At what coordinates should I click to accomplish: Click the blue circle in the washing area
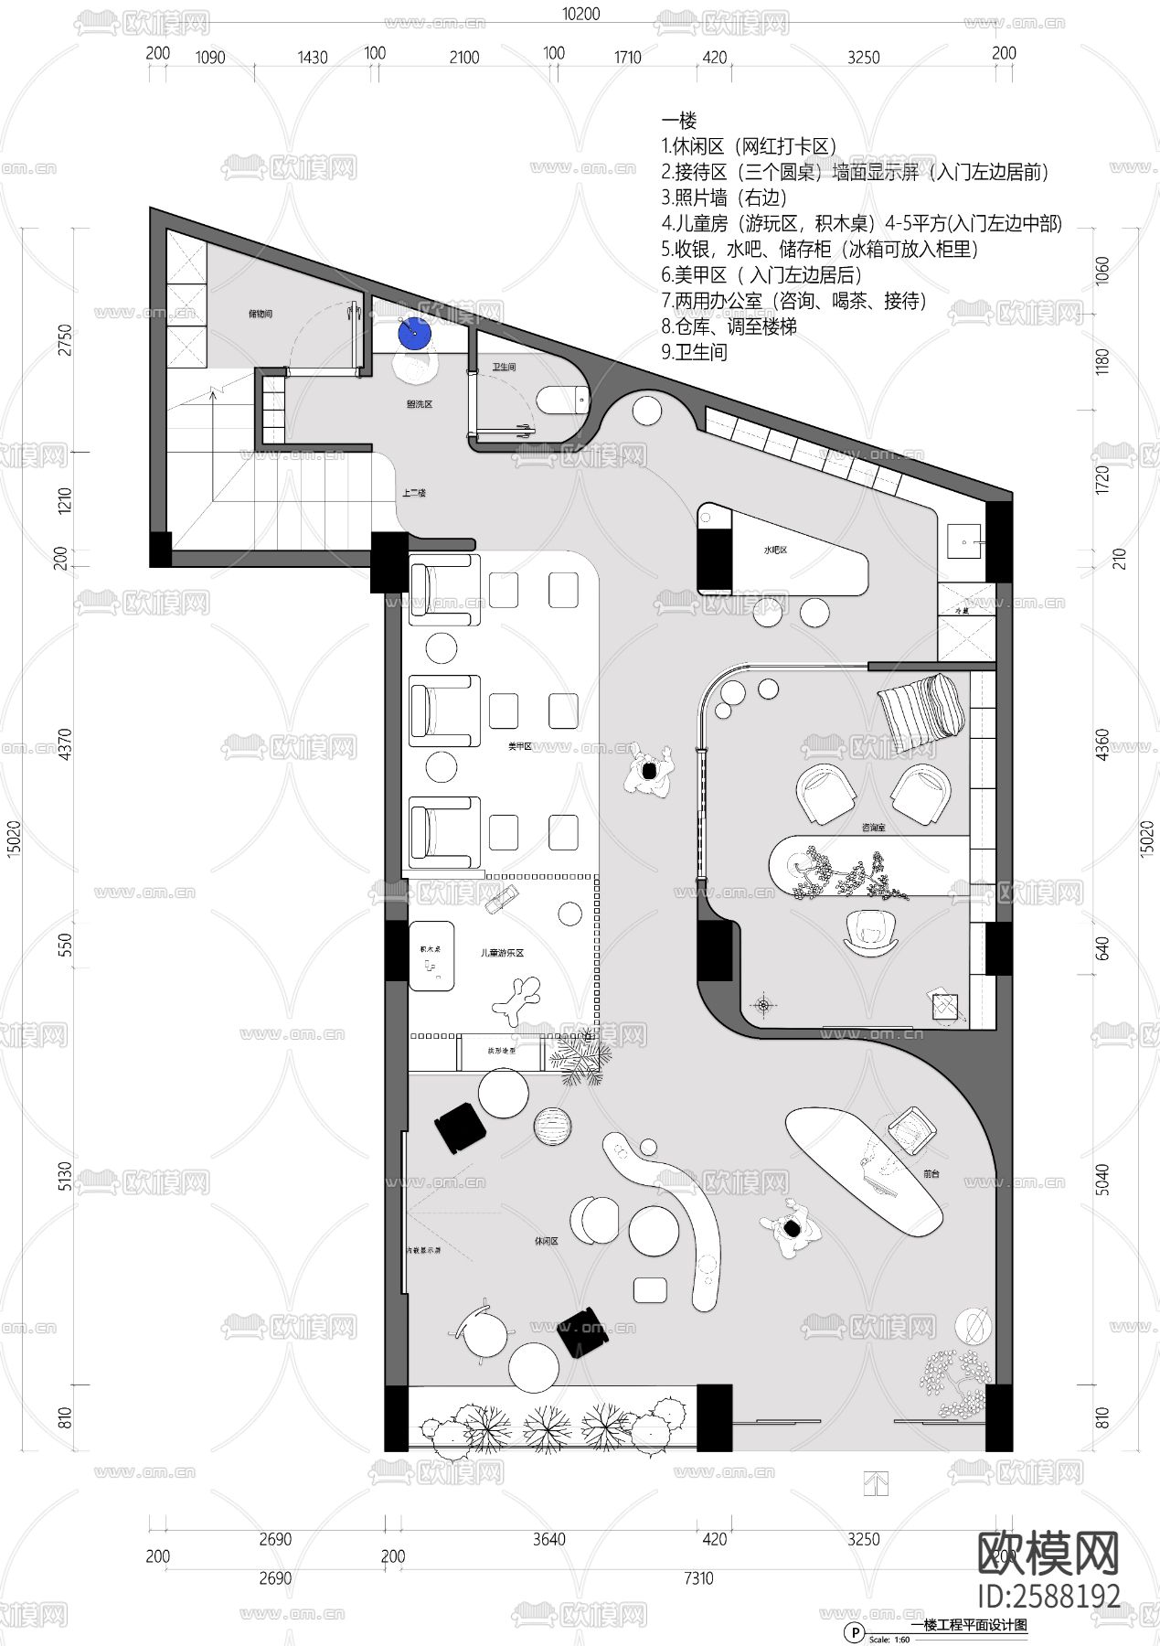[414, 333]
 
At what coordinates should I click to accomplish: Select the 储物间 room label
[260, 314]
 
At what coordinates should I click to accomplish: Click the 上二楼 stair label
[414, 493]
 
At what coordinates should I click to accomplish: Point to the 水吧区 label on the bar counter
[776, 550]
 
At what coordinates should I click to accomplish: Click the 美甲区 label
[520, 747]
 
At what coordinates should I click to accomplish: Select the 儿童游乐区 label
[502, 953]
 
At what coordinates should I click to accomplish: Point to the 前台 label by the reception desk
[931, 1172]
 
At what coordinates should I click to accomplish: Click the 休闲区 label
[546, 1242]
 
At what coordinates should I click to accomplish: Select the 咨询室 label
[873, 827]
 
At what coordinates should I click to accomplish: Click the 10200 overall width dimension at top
[580, 14]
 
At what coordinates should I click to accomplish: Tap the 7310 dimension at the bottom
[698, 1577]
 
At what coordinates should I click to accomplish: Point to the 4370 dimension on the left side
[65, 745]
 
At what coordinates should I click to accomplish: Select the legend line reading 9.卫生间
[695, 352]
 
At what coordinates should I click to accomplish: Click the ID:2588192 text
[1048, 1596]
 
